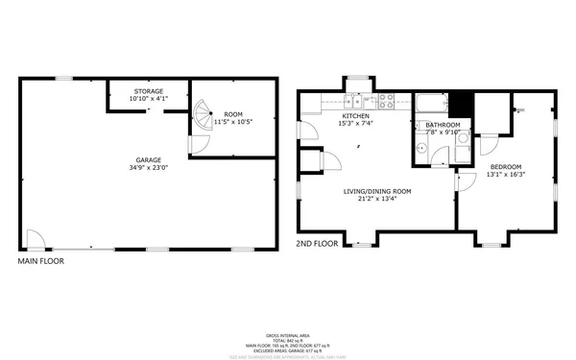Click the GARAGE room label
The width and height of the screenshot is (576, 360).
[x=148, y=160]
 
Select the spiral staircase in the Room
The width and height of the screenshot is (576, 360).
[x=203, y=119]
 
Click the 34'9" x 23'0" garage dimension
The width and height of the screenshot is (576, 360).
[x=148, y=168]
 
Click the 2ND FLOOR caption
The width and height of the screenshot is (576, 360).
[x=317, y=245]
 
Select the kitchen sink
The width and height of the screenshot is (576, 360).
[x=352, y=99]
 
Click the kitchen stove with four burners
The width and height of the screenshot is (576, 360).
[x=387, y=99]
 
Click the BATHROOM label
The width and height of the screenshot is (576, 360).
[x=443, y=125]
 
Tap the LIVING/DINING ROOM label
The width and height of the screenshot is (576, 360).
[x=377, y=191]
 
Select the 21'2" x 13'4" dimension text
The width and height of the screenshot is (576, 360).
[x=377, y=199]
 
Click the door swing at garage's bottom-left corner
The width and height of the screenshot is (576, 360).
[x=35, y=239]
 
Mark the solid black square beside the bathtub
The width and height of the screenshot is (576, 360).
[x=462, y=104]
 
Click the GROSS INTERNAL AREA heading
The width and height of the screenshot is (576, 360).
[x=287, y=336]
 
